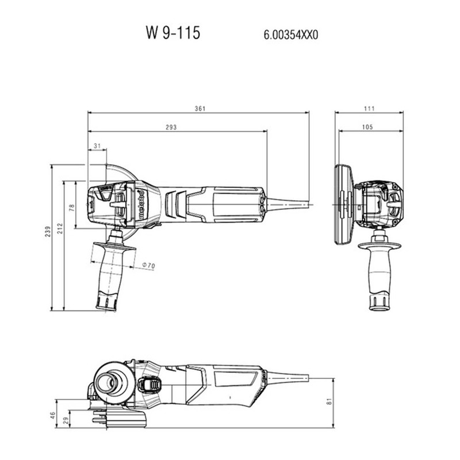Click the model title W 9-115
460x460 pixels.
click(173, 33)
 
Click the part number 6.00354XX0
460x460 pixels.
click(291, 35)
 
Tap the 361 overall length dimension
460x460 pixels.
click(200, 109)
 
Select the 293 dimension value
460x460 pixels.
click(171, 127)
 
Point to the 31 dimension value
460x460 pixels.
click(97, 145)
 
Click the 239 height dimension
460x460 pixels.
click(48, 232)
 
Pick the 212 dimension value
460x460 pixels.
click(60, 228)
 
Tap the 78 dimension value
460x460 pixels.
click(71, 208)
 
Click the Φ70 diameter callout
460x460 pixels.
click(148, 266)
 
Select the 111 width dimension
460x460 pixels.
click(369, 109)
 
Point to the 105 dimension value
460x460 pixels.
click(367, 127)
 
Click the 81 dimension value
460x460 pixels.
click(329, 401)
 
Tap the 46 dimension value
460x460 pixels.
click(52, 415)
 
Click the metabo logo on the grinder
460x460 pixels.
click(141, 205)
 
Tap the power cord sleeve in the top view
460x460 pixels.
click(287, 204)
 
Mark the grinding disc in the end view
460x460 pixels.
click(343, 205)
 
